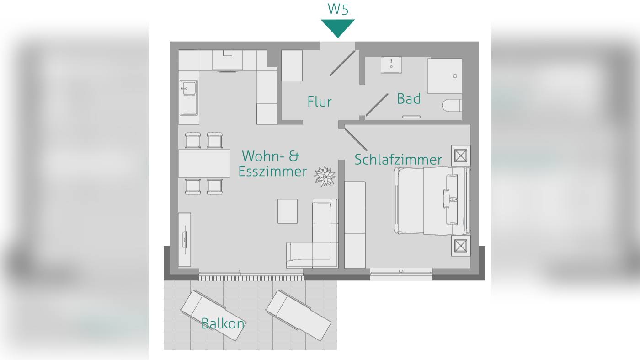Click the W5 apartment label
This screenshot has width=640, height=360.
click(x=338, y=9)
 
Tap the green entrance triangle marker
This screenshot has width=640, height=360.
click(x=338, y=27)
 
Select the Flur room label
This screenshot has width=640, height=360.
click(x=320, y=102)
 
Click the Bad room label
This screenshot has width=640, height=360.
click(x=409, y=98)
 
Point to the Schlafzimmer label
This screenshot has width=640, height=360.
click(x=398, y=160)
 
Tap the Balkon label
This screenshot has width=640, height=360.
click(x=223, y=323)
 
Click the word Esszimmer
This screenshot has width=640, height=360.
click(x=272, y=172)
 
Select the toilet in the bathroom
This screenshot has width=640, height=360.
click(x=452, y=106)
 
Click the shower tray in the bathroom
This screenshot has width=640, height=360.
click(x=444, y=76)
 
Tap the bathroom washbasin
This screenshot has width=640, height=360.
click(x=391, y=65)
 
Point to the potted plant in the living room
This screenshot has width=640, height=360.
click(x=325, y=176)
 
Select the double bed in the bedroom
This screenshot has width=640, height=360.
click(x=432, y=201)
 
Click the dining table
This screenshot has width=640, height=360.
click(x=204, y=163)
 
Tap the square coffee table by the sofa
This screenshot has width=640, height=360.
click(x=288, y=211)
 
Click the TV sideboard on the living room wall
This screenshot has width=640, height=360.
click(x=185, y=239)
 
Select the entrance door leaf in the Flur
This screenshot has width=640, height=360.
click(x=342, y=63)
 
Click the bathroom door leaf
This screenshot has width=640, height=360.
click(x=377, y=105)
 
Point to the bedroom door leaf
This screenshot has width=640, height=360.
click(x=356, y=140)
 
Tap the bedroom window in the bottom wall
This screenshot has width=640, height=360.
click(x=401, y=274)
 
